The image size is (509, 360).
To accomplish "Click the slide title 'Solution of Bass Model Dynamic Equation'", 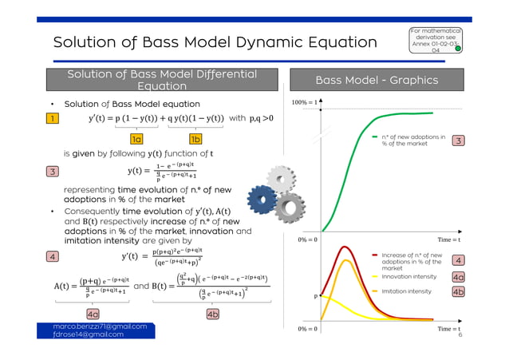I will click(215, 42).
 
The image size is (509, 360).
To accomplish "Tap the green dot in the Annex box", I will click(459, 48).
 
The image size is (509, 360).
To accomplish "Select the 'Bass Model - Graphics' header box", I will click(377, 81).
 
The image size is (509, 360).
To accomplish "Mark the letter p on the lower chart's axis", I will click(314, 295).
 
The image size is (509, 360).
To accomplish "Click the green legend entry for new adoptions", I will click(412, 140).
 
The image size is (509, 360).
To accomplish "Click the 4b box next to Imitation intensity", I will click(459, 292).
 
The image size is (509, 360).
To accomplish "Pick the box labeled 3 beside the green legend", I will click(459, 141).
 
